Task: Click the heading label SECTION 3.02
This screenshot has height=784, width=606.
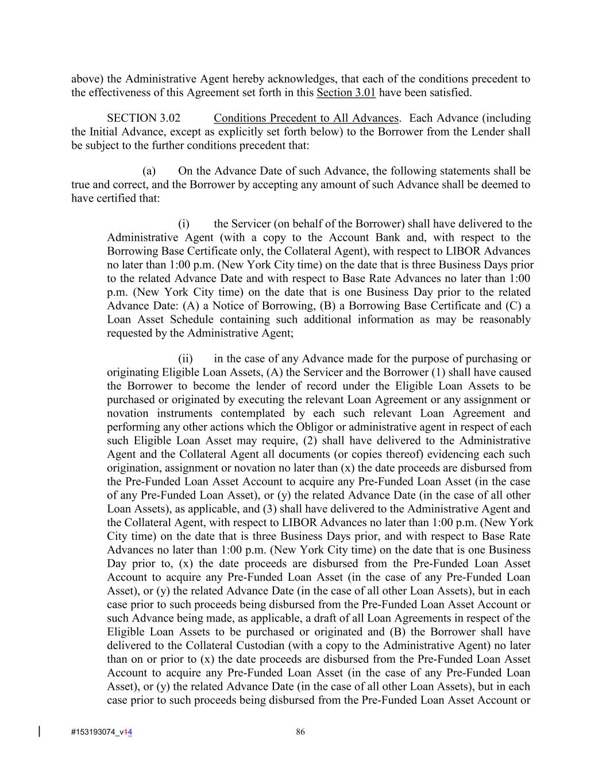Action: tap(143, 118)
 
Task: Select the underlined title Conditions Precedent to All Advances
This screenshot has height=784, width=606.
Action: tap(306, 118)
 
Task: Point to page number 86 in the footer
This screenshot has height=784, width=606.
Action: tap(300, 732)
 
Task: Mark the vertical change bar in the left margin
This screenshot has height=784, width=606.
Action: tap(39, 731)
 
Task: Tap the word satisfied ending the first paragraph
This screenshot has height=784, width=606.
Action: tap(450, 92)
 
